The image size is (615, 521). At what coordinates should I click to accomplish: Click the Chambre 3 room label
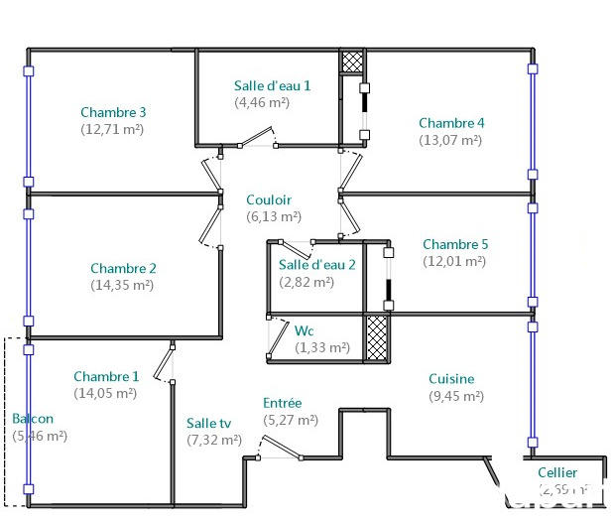(113, 112)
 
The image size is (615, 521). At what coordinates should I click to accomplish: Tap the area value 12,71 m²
(113, 129)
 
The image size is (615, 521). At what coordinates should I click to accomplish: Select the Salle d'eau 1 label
(272, 85)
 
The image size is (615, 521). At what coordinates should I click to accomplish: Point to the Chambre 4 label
(451, 123)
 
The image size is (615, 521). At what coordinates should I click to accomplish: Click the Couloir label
(269, 199)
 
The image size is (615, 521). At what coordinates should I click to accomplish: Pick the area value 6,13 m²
(273, 216)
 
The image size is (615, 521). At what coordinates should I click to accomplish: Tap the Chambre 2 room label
(123, 268)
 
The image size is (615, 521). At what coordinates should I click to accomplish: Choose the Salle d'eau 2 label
(316, 264)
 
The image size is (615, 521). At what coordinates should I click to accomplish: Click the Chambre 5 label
(455, 244)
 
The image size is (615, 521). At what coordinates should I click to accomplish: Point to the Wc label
(305, 330)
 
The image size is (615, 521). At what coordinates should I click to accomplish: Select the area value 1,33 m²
(322, 347)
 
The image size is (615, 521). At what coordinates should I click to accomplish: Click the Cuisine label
(451, 378)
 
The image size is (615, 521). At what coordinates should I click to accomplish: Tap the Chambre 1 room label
(106, 376)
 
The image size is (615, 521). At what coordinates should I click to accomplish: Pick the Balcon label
(33, 419)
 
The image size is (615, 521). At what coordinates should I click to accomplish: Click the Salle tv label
(208, 423)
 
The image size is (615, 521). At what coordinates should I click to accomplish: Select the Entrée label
(282, 403)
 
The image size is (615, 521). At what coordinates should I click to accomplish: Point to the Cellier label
(556, 473)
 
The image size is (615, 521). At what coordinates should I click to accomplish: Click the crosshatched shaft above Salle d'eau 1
(352, 61)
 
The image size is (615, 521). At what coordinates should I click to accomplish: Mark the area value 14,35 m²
(123, 285)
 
